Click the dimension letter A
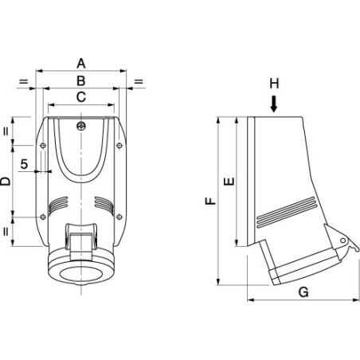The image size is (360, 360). tap(81, 64)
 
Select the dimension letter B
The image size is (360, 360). tap(81, 80)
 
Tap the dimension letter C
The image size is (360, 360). tap(81, 97)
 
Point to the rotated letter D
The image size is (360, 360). tap(6, 181)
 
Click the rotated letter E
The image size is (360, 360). tap(229, 181)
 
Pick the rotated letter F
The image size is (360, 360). tap(211, 201)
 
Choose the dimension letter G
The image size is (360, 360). tap(303, 292)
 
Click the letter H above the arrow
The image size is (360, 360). tap(274, 84)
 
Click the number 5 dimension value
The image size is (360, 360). tap(24, 164)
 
